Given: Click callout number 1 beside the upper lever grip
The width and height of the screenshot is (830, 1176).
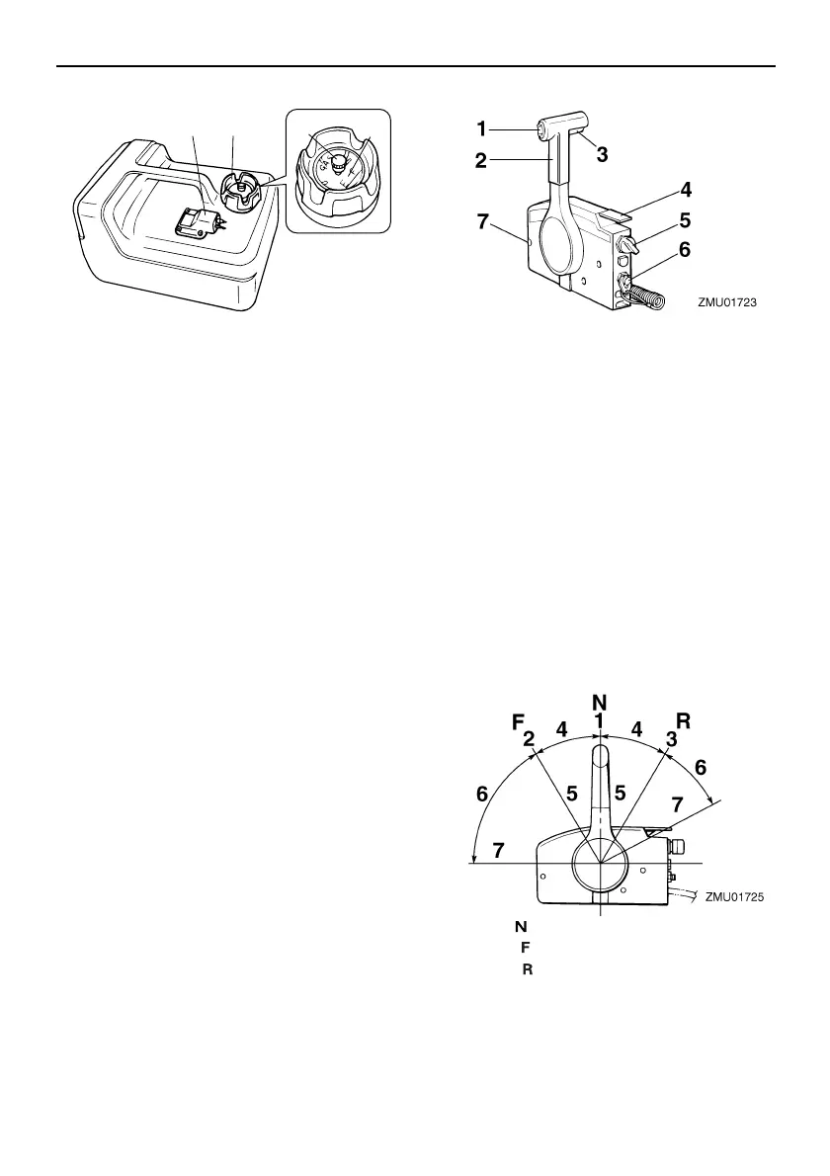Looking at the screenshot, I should coord(482,127).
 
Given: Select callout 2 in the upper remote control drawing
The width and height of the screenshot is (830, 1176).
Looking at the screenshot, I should coord(481,160).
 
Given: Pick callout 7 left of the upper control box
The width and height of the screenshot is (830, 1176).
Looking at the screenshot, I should coord(483,224).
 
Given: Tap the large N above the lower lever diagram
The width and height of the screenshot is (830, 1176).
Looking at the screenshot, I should coord(599,702).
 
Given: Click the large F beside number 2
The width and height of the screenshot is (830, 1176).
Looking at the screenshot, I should coord(517,722).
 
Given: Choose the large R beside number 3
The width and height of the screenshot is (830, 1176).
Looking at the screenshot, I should coord(682,720).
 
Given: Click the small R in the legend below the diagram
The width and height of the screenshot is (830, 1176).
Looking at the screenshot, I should coord(527,969).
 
